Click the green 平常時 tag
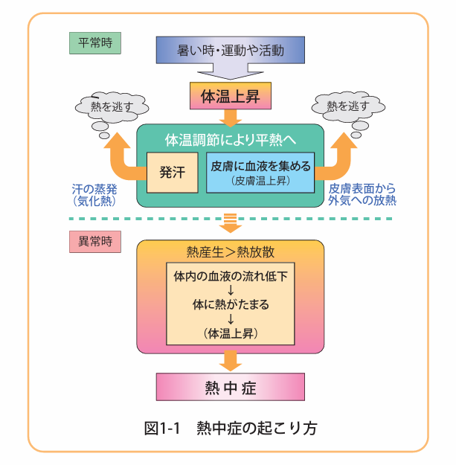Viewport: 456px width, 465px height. point(94,42)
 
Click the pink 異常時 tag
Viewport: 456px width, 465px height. point(94,241)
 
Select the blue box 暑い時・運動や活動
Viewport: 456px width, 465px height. point(231,51)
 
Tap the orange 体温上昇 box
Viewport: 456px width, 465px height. point(231,96)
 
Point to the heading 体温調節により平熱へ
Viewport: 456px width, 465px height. point(231,139)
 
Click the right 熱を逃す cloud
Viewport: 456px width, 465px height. point(355,106)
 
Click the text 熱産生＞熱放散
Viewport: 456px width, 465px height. point(231,251)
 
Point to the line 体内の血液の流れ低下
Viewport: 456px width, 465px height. point(231,276)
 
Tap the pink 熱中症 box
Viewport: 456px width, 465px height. point(231,388)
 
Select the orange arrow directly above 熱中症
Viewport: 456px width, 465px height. point(231,361)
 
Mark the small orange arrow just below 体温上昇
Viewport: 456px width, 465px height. point(231,116)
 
